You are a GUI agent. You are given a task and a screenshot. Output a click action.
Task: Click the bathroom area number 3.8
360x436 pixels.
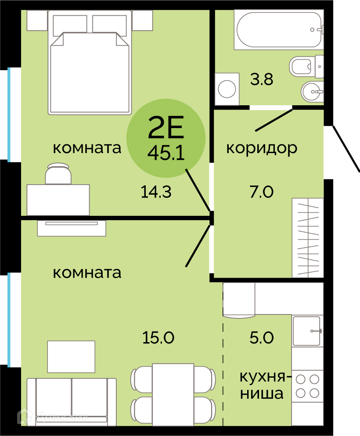click(262, 79)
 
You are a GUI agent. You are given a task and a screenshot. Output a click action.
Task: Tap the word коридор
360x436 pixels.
click(262, 148)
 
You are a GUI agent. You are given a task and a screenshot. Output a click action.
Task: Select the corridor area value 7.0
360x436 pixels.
click(262, 192)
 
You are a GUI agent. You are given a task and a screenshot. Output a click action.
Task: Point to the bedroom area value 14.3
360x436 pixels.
click(156, 192)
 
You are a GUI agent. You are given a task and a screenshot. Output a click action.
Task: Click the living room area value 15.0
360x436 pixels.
click(158, 338)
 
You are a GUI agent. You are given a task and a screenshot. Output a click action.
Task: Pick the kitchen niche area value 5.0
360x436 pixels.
click(262, 338)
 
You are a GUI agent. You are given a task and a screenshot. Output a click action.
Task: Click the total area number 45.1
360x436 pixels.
click(166, 153)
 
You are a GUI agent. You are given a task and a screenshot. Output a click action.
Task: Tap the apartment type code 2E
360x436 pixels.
click(166, 127)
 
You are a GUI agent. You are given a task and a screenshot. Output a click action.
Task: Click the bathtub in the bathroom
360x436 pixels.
click(279, 29)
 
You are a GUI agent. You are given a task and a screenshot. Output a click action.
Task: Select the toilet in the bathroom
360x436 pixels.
click(306, 67)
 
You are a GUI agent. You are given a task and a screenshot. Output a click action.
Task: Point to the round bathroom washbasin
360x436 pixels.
click(312, 92)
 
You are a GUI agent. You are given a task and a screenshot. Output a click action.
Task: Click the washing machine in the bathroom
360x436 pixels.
click(227, 89)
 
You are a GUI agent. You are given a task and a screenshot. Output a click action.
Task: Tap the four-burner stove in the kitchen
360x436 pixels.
click(307, 386)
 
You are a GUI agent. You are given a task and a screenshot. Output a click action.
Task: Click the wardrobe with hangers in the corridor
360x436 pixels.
click(308, 238)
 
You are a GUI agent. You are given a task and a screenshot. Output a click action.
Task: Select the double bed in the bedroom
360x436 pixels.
click(90, 63)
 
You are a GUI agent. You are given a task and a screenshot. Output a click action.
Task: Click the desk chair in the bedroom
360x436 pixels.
click(58, 174)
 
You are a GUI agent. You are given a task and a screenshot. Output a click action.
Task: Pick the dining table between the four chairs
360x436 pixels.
click(173, 395)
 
